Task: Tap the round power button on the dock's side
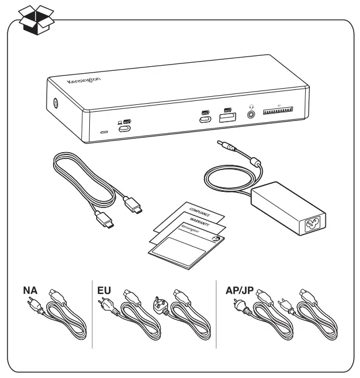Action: coord(55,104)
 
